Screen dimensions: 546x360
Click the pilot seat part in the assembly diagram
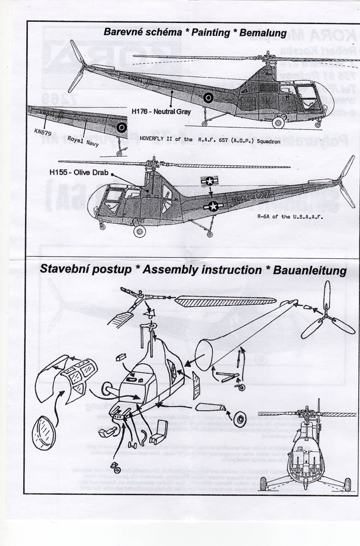(157, 431)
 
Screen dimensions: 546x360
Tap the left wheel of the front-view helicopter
(263, 483)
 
